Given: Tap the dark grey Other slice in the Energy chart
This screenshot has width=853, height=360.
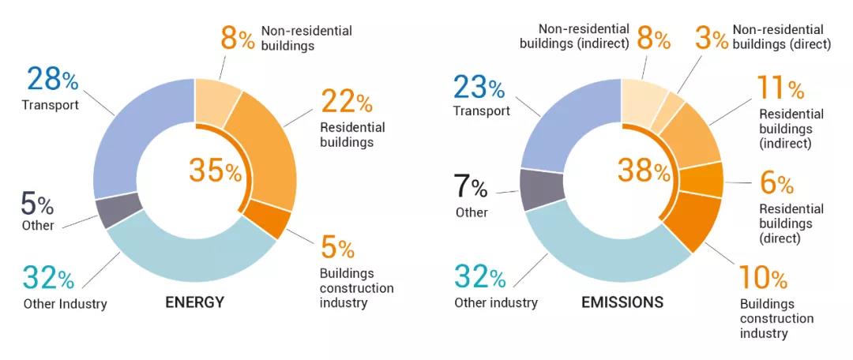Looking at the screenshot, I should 118,212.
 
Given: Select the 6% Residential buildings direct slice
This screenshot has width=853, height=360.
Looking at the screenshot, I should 701,179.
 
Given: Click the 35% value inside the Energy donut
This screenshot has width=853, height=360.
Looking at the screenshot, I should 215,171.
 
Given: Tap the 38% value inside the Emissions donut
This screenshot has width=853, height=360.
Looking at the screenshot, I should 643,170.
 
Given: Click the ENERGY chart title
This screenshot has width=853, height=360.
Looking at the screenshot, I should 194,302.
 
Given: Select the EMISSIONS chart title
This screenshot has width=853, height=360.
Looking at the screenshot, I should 622,302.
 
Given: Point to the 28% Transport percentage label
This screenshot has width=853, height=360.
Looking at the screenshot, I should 53,80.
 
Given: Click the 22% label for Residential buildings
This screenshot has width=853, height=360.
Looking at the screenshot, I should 346,101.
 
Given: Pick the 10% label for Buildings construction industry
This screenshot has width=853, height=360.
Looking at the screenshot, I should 764,278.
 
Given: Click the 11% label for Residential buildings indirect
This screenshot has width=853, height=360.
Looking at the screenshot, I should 780,88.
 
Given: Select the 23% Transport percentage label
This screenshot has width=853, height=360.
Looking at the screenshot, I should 479,86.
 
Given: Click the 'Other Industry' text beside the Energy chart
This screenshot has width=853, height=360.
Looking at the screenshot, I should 65,304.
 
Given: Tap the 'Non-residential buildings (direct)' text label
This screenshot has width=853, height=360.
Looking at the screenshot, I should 782,37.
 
